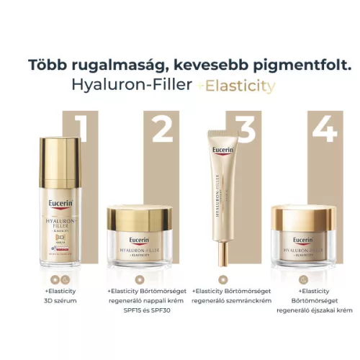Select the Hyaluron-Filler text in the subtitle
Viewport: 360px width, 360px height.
point(132,86)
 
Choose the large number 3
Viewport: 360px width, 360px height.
point(246,130)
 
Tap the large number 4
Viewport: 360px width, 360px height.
point(324,130)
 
